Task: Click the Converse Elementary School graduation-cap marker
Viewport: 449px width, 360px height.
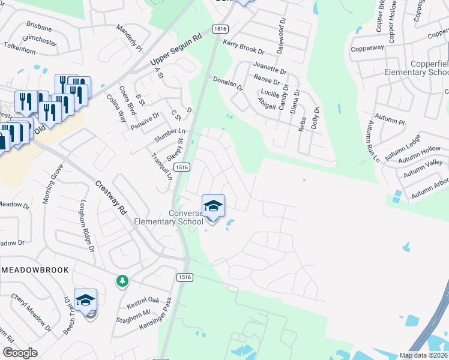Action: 213,206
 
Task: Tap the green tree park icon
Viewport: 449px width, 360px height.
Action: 122,281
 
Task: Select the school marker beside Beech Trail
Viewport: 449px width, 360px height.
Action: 86,300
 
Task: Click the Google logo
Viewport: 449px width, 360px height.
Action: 20,353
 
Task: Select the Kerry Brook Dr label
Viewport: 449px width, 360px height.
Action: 243,47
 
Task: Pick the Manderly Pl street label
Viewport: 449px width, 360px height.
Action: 128,38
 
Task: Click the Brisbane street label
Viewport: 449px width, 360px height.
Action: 40,27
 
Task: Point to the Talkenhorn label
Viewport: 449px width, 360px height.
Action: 21,46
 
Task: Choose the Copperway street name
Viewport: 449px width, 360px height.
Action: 367,48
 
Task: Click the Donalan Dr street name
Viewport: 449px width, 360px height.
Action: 228,83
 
